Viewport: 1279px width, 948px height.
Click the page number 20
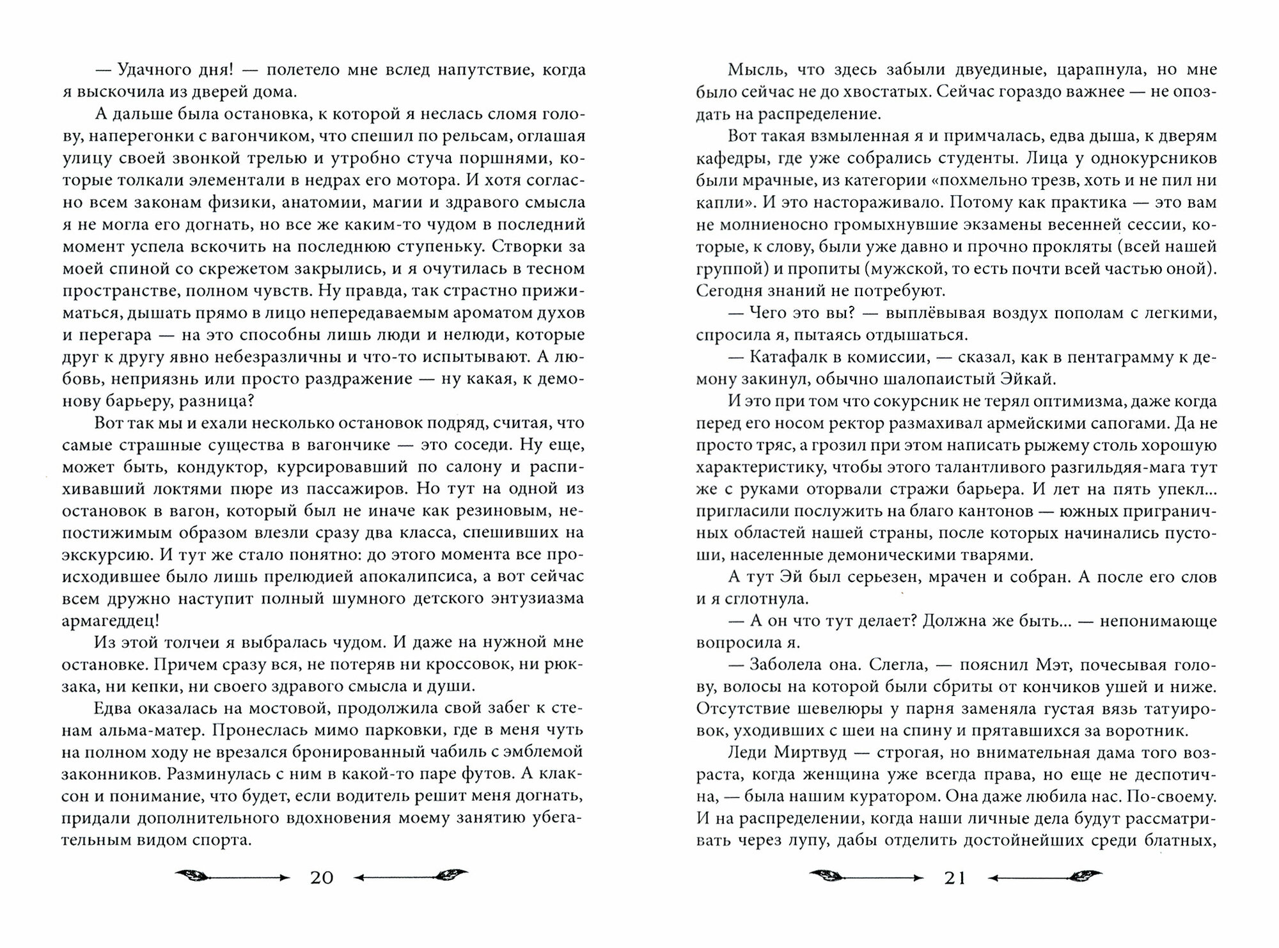point(322,878)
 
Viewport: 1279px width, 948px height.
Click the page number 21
point(955,878)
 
